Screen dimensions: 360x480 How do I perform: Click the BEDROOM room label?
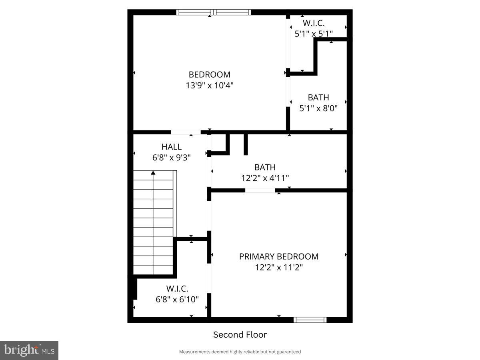click(x=209, y=74)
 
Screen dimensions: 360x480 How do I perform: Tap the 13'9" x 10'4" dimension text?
click(x=209, y=85)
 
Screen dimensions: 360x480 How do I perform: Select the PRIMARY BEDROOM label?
click(x=279, y=256)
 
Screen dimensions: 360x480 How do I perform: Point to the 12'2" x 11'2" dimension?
click(x=279, y=267)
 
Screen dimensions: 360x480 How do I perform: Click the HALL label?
click(x=171, y=147)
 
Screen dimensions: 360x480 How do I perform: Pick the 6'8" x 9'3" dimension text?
click(x=171, y=158)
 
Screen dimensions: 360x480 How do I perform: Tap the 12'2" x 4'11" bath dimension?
click(x=265, y=178)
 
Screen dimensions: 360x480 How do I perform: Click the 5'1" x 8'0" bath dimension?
click(x=318, y=108)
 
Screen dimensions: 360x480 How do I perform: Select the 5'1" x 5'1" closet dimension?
click(x=314, y=34)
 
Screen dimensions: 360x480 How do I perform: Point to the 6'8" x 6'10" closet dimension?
click(x=177, y=299)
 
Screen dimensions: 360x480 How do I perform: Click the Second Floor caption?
click(x=240, y=334)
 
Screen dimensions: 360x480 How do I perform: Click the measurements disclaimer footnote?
click(x=240, y=352)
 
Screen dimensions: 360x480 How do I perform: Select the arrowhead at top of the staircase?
click(x=153, y=173)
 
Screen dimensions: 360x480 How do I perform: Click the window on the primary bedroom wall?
click(x=310, y=320)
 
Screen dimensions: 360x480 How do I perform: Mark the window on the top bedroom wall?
click(x=214, y=12)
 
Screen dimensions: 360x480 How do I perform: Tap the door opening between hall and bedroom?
click(x=186, y=132)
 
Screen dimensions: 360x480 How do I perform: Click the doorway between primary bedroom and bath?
click(x=260, y=190)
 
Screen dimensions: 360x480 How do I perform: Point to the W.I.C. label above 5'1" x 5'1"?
click(x=314, y=23)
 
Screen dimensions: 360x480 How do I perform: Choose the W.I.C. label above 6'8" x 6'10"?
click(x=177, y=288)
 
